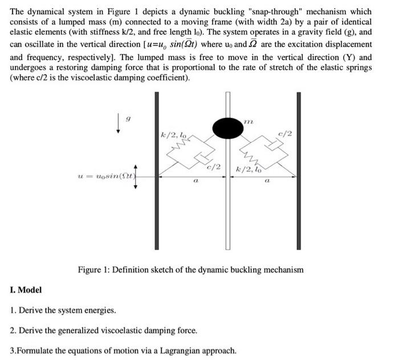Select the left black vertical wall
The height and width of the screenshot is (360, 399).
click(x=156, y=171)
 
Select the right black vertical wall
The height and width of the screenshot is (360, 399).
click(x=298, y=171)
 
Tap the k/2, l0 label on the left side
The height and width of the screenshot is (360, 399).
click(x=173, y=135)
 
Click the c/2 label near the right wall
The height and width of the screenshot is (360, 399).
click(x=285, y=134)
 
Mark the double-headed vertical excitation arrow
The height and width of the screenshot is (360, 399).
click(x=135, y=176)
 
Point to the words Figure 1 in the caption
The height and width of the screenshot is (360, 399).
click(x=95, y=269)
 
